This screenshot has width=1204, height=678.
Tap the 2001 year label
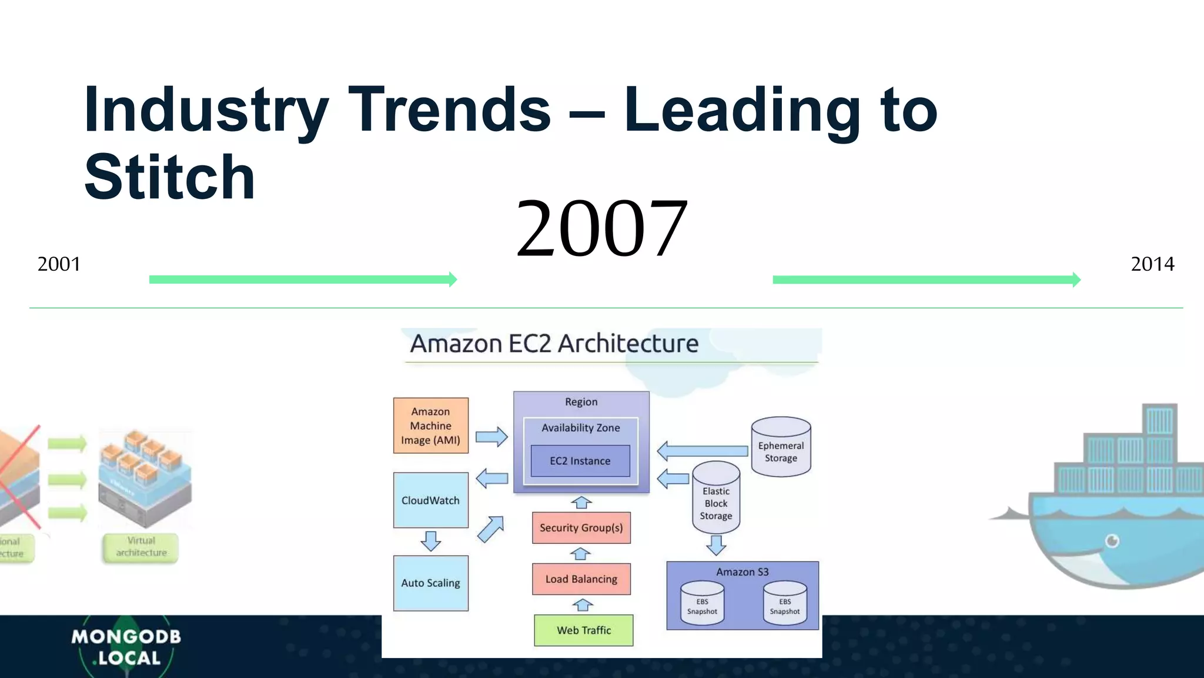[x=59, y=264]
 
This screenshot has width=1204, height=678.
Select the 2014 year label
[x=1152, y=264]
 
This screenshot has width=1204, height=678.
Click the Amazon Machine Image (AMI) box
[x=430, y=426]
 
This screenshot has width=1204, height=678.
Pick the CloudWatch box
[x=430, y=500]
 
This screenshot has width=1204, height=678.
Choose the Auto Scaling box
[x=430, y=583]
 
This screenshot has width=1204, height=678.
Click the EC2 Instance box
[x=580, y=461]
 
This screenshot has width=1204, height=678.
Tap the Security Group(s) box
[x=581, y=528]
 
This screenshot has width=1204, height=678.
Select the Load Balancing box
[x=581, y=579]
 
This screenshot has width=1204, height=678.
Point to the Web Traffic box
[x=583, y=630]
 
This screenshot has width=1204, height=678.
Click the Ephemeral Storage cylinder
[x=781, y=447]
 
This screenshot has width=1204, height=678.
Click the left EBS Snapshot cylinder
[x=702, y=604]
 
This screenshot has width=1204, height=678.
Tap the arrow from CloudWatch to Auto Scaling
[x=431, y=540]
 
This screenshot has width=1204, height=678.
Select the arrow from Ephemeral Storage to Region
[x=702, y=451]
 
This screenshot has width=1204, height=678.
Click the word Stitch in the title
[x=169, y=177]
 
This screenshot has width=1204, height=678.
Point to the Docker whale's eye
[x=1112, y=540]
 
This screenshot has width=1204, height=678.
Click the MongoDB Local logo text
[x=126, y=647]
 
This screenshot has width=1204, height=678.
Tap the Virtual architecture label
[x=141, y=547]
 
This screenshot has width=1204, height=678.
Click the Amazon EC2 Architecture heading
[x=554, y=344]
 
